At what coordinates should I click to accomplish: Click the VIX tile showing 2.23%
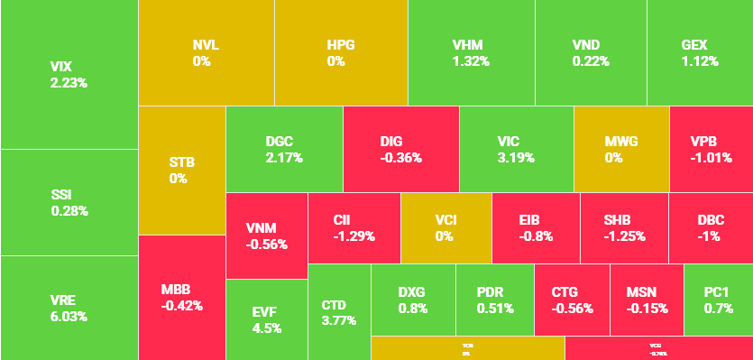(x=69, y=74)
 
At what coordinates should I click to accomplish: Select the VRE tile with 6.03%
(x=69, y=308)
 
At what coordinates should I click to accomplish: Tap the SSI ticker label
(x=62, y=194)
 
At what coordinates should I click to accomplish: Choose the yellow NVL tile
(x=206, y=52)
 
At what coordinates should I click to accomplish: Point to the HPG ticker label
(x=342, y=44)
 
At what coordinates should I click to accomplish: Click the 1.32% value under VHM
(x=471, y=61)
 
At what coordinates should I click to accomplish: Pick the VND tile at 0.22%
(x=591, y=52)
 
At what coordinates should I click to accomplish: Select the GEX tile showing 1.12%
(x=700, y=52)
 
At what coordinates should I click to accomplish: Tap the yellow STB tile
(x=181, y=170)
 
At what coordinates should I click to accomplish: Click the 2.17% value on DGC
(x=284, y=158)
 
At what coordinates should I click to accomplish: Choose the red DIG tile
(x=400, y=149)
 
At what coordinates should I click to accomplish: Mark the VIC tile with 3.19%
(x=516, y=149)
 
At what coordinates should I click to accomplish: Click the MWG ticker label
(x=620, y=141)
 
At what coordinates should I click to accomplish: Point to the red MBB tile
(x=181, y=297)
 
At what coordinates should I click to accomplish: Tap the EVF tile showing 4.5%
(x=266, y=319)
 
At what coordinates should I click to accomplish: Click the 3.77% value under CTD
(x=339, y=320)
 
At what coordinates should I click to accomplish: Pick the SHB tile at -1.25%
(x=623, y=227)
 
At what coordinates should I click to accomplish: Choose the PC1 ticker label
(x=717, y=291)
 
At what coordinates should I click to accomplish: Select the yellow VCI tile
(x=445, y=227)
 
